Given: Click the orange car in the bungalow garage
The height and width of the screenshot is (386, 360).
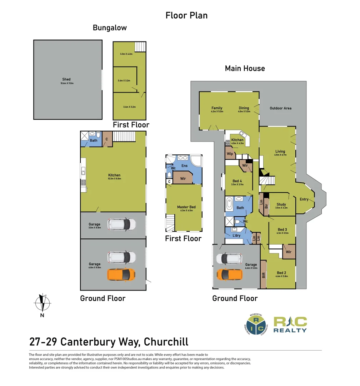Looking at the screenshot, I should point(121,274).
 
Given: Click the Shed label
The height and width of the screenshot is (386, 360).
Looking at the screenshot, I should point(66,79).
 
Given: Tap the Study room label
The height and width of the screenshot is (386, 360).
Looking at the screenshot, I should point(281,205).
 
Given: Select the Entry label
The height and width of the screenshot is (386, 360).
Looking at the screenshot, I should point(304,199).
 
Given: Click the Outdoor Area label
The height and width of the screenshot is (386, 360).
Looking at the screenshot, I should point(280,108).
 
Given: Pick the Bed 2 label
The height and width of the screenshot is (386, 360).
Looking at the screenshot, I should point(281,273).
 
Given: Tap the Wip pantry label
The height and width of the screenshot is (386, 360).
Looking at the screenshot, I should point(230,154).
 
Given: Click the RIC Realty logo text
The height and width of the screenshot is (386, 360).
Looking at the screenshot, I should point(290,325).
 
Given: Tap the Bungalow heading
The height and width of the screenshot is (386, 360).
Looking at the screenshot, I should point(110,28).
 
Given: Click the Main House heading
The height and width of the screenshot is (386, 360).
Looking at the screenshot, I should point(245,68).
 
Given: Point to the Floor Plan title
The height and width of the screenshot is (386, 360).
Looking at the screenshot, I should point(186,15).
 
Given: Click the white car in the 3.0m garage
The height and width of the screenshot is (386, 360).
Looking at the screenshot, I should point(122,224).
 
